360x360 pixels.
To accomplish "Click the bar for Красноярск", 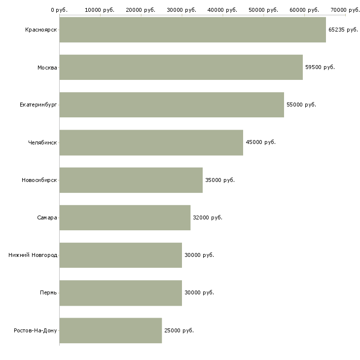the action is click(193, 30).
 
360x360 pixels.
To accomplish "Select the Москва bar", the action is click(181, 67).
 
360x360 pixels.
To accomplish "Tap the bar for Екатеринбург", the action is click(172, 105).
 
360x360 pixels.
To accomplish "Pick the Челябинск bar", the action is click(151, 143).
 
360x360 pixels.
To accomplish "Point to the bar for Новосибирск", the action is click(131, 180).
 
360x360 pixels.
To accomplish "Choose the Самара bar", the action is click(125, 217).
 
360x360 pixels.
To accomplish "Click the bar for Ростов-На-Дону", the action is click(110, 330).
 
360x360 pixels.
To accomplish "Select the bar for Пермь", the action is click(121, 293).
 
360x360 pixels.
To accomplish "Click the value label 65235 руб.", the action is click(343, 30).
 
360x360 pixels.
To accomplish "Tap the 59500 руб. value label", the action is click(320, 67).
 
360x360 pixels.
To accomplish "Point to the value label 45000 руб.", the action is click(260, 142).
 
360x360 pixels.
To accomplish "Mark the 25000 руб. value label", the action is click(179, 330).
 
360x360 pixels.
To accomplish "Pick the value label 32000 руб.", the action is click(208, 217).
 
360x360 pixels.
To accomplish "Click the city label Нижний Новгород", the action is click(33, 255).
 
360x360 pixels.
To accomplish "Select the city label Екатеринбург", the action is click(38, 105).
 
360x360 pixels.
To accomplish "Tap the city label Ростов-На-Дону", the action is click(36, 330).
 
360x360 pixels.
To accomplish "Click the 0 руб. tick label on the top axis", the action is click(59, 10).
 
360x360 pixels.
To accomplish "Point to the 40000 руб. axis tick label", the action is click(222, 10).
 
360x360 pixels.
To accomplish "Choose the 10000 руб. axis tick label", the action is click(100, 10).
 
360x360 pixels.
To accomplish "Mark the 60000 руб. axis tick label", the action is click(304, 10).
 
